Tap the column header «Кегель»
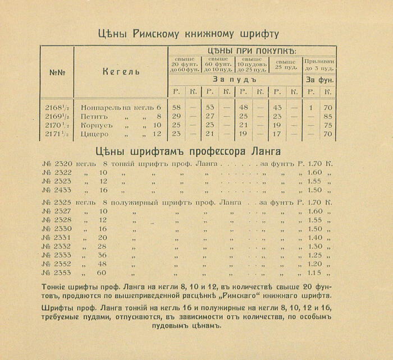[x=121, y=72]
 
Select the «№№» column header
[x=57, y=72]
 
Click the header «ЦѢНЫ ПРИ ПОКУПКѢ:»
[x=252, y=50]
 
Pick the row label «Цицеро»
[x=94, y=134]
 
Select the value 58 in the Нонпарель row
[x=176, y=107]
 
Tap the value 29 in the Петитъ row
[x=176, y=116]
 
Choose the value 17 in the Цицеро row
[x=277, y=134]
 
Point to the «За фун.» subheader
[x=319, y=80]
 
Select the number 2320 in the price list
[x=63, y=164]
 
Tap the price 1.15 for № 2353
[x=316, y=273]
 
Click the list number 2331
[x=63, y=237]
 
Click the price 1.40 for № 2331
[x=316, y=237]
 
